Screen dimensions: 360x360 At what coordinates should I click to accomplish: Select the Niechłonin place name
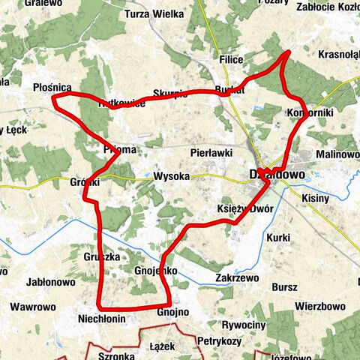(100, 319)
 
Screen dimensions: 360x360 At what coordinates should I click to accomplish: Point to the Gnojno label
(173, 312)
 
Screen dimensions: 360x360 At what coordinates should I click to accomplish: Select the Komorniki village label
(309, 112)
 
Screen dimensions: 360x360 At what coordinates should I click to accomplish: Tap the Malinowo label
(338, 154)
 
